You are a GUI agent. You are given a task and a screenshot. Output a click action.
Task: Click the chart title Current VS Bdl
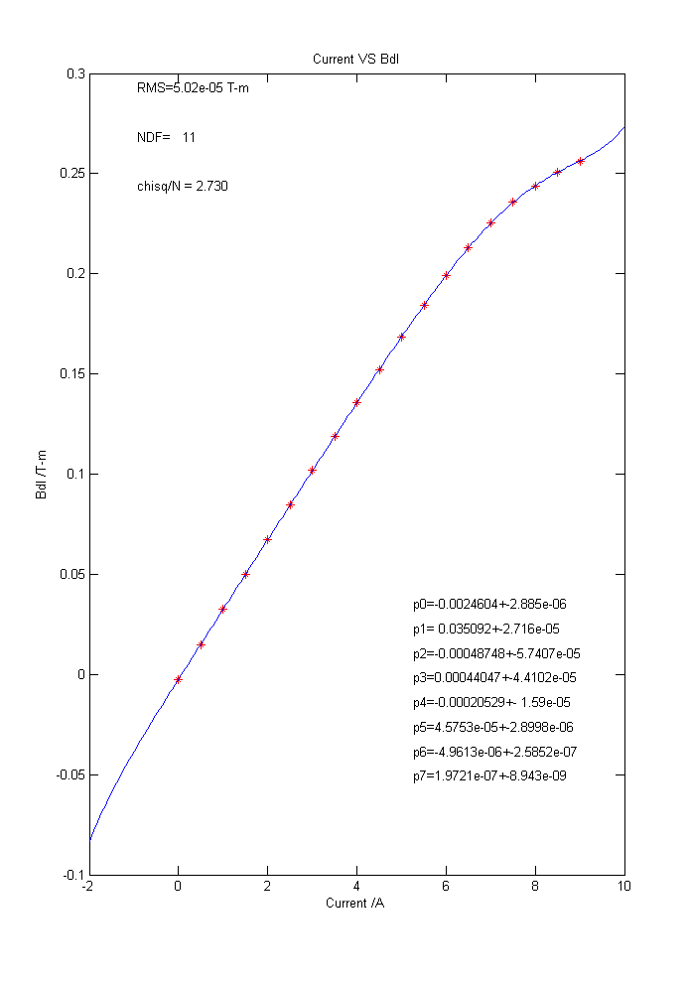pos(355,60)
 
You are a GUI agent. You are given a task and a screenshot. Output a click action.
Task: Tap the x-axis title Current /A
pos(355,903)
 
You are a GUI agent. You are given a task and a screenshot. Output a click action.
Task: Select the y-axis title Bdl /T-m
pos(41,475)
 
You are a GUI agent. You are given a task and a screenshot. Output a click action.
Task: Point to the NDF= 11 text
pos(166,137)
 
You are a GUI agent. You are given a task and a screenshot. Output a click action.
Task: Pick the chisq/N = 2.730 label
pos(183,186)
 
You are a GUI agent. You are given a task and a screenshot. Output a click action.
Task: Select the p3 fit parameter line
pos(494,678)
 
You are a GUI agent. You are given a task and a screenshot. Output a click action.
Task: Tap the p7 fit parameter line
pos(489,775)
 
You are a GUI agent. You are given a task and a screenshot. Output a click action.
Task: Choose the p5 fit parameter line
pos(492,727)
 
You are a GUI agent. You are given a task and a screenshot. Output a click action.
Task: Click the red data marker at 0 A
pos(178,679)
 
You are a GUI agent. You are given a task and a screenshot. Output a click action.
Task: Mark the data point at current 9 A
pos(580,161)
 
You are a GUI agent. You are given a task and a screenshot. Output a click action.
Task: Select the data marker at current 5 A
pos(401,337)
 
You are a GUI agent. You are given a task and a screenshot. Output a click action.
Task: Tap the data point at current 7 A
pos(490,222)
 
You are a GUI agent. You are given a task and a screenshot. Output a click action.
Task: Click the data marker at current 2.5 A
pos(290,504)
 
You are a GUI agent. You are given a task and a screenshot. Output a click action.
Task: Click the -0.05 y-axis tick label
pos(70,774)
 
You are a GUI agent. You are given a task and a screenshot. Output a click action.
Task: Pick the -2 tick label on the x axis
pos(88,886)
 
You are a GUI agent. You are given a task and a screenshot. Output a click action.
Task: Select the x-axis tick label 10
pos(624,886)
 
